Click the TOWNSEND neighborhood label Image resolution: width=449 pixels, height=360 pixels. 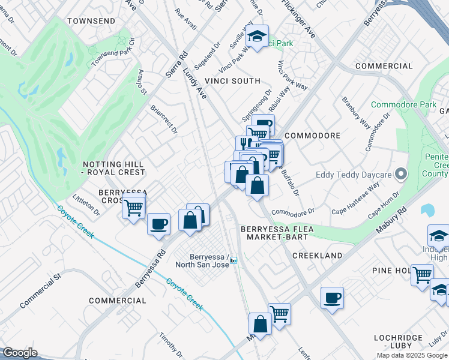(91, 21)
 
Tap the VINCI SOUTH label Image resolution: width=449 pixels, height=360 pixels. (232, 81)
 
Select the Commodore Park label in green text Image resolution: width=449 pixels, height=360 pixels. (403, 104)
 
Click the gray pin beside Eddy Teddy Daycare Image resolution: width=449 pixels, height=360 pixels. (402, 175)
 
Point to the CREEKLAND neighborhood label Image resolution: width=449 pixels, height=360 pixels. (317, 256)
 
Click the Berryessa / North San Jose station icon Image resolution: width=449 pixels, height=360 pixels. (234, 260)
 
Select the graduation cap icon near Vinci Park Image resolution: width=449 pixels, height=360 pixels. (258, 37)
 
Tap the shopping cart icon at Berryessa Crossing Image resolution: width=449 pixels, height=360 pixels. (134, 208)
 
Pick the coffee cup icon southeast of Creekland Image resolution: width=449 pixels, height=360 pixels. (332, 298)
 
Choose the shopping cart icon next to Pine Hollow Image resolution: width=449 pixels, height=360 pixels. (422, 274)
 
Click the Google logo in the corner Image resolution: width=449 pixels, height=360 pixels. (20, 353)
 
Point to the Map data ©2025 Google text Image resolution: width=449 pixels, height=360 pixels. (411, 355)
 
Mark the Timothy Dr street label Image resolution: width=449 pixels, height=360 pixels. (170, 343)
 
